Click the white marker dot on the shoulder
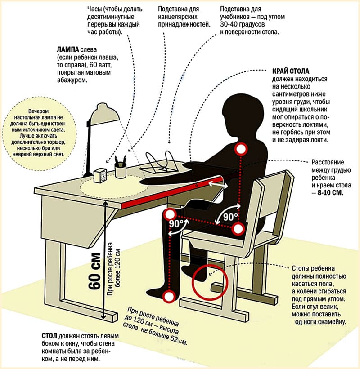click(242, 148)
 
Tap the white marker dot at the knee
click(170, 214)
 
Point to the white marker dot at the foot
click(169, 296)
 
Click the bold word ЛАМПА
click(69, 50)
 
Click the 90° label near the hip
click(229, 216)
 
